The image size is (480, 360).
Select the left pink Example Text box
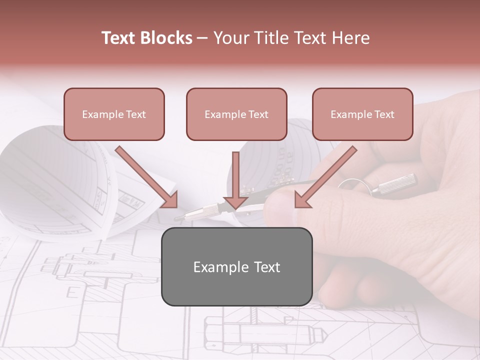click(114, 114)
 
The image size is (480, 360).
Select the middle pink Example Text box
click(236, 114)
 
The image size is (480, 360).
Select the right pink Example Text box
click(362, 114)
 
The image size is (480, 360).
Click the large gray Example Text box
click(236, 267)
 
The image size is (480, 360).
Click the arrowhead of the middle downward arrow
click(235, 201)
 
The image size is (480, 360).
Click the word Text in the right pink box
click(383, 114)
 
